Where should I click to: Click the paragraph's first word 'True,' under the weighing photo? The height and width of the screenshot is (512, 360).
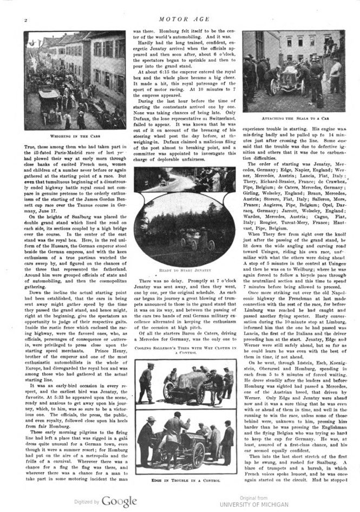tap(30, 146)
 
